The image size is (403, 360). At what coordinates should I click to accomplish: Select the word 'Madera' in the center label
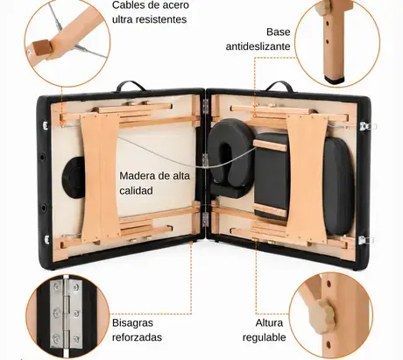[x=137, y=176]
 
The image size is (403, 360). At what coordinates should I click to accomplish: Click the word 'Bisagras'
[x=132, y=323]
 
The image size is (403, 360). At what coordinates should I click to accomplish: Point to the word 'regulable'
[x=264, y=337]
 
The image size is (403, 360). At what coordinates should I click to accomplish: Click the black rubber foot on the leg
[x=335, y=79]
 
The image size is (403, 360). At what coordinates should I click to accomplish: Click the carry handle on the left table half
[x=131, y=86]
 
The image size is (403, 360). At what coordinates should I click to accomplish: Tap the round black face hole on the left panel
[x=73, y=177]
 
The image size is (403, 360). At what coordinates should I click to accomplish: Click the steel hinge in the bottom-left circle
[x=66, y=314]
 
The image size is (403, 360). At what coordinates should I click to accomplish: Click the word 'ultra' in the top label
[x=123, y=19]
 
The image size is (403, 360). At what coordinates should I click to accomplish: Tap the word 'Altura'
[x=269, y=323]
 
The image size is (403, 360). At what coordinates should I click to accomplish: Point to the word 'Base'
[x=279, y=32]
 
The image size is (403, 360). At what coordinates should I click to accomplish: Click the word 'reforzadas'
[x=137, y=337]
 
